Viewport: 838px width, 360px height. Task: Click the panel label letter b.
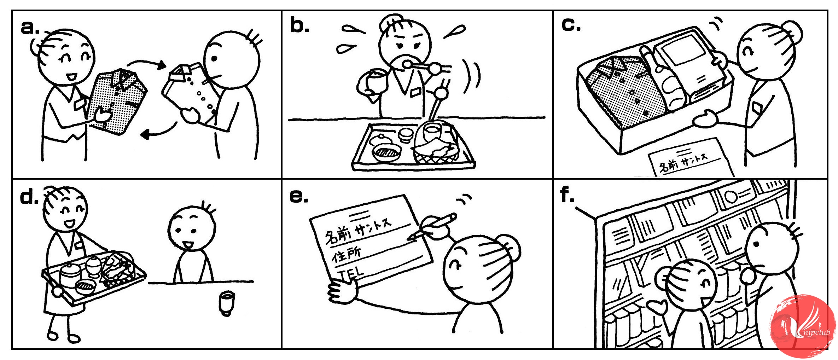[299, 25]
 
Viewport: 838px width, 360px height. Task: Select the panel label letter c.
[570, 25]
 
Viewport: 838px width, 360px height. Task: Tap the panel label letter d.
[29, 197]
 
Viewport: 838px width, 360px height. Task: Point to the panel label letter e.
[298, 197]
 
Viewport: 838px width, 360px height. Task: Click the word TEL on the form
[350, 273]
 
